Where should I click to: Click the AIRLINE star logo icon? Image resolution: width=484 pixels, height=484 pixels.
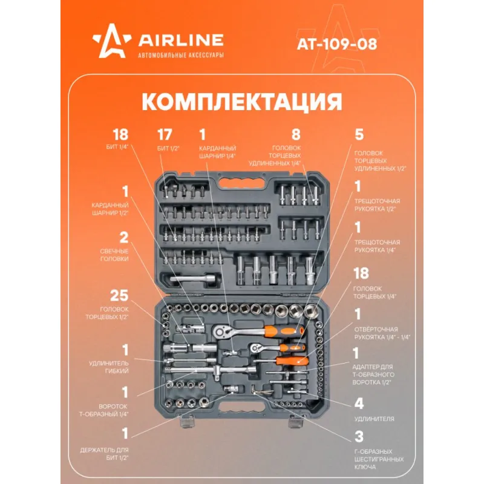pos(111,41)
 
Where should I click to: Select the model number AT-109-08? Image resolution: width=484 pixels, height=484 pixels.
pos(337,44)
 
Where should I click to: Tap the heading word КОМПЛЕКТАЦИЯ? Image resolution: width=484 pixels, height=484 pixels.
pos(242,102)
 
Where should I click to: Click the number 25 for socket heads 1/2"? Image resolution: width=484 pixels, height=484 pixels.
pos(119,295)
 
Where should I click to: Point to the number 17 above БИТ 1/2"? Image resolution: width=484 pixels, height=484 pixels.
pos(165,135)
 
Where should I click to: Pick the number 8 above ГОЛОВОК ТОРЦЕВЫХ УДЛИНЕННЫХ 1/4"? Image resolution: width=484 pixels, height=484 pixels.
pos(296,134)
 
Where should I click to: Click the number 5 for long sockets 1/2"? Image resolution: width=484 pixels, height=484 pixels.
pos(359,134)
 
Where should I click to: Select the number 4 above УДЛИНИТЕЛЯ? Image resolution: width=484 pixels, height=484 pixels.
pos(359,404)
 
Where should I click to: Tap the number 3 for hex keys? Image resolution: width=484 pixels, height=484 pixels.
pos(359,436)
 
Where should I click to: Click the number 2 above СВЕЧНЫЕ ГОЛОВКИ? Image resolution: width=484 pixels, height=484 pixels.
pos(124,238)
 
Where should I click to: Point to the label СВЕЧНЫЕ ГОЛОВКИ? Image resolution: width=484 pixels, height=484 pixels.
pos(114,255)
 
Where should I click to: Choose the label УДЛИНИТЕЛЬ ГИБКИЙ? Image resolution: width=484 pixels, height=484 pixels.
pos(109,367)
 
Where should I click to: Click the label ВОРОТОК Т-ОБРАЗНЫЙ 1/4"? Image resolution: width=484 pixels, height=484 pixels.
pos(104,410)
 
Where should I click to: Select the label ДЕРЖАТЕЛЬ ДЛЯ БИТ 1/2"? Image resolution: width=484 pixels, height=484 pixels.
pos(104,454)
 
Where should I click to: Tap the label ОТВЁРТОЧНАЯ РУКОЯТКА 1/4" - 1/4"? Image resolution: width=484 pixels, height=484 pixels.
pos(382,333)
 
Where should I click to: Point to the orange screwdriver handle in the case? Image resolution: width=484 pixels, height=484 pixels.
pos(292,361)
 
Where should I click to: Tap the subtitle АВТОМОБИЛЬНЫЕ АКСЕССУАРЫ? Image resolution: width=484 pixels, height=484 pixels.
pos(181,55)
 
